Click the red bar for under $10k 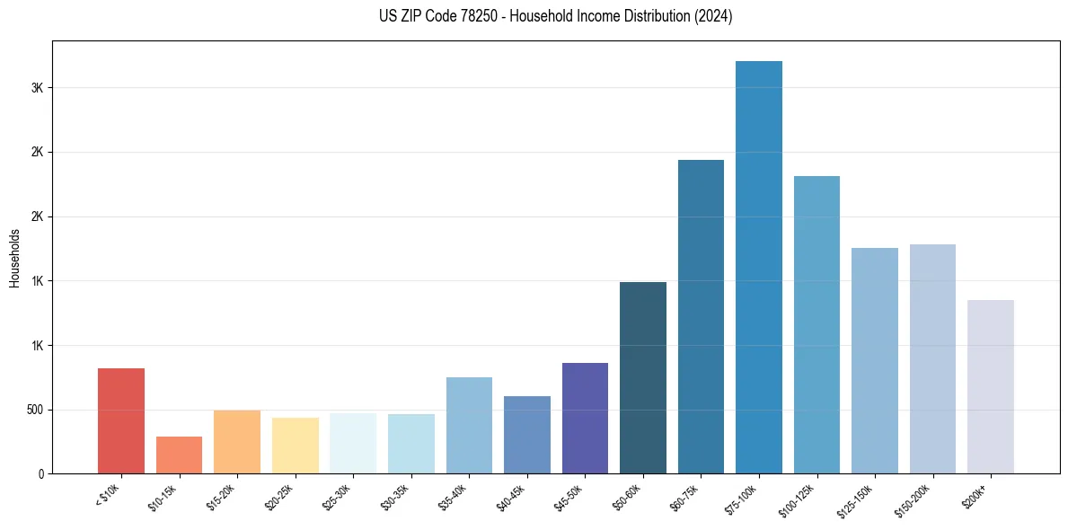pyautogui.click(x=121, y=420)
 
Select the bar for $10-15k pyautogui.click(x=179, y=455)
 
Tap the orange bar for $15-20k pyautogui.click(x=237, y=441)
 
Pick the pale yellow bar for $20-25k pyautogui.click(x=295, y=445)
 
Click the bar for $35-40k pyautogui.click(x=469, y=425)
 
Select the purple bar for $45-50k pyautogui.click(x=585, y=418)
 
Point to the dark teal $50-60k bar pyautogui.click(x=643, y=377)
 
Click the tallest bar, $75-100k pyautogui.click(x=759, y=267)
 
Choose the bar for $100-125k pyautogui.click(x=816, y=324)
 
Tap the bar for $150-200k pyautogui.click(x=932, y=358)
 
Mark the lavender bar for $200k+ pyautogui.click(x=991, y=386)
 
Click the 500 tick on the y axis pyautogui.click(x=34, y=410)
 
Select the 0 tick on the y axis pyautogui.click(x=41, y=473)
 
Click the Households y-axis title pyautogui.click(x=14, y=257)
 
